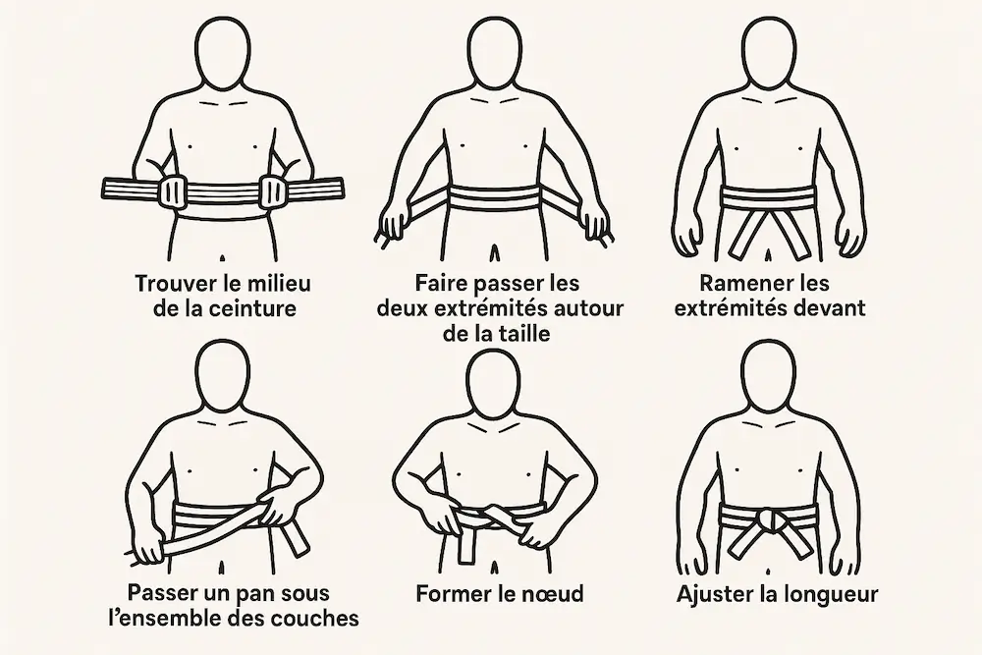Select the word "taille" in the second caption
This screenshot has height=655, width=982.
pos(519,334)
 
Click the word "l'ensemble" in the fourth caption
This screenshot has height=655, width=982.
pos(166,619)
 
